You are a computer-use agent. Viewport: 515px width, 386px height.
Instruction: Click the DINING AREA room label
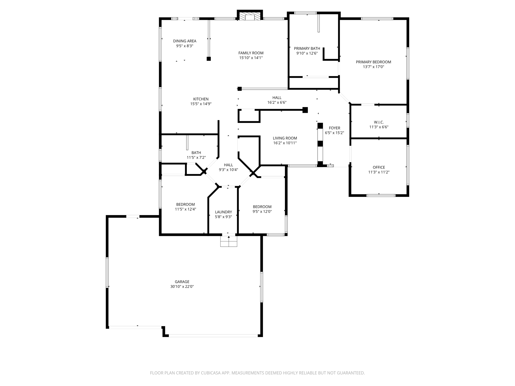click(x=185, y=41)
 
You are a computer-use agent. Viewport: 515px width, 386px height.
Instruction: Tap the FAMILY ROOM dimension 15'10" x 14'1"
click(x=251, y=58)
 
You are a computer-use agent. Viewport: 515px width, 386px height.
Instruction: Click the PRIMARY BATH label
click(x=307, y=49)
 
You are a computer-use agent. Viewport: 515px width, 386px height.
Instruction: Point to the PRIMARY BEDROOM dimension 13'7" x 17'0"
click(x=373, y=67)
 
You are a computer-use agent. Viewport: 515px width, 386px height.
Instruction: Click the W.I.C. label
click(x=379, y=122)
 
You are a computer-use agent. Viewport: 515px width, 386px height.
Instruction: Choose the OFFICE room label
click(x=379, y=167)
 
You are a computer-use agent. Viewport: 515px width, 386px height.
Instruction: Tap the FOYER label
click(x=334, y=128)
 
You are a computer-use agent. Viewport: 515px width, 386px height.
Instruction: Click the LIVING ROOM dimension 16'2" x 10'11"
click(x=285, y=143)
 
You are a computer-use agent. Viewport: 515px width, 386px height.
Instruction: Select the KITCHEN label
click(x=201, y=99)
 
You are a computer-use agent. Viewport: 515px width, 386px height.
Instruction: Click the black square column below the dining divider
click(x=209, y=59)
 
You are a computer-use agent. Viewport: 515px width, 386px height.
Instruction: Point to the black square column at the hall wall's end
click(x=305, y=110)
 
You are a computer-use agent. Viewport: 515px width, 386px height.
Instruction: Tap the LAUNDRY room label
click(x=223, y=212)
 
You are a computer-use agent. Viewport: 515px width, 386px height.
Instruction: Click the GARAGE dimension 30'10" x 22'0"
click(x=182, y=286)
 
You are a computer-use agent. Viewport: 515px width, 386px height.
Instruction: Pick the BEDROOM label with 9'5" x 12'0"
click(x=262, y=207)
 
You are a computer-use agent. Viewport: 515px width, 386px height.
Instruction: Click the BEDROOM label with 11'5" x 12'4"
click(x=185, y=204)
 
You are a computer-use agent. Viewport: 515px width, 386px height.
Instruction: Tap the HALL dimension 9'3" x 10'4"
click(x=228, y=170)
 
